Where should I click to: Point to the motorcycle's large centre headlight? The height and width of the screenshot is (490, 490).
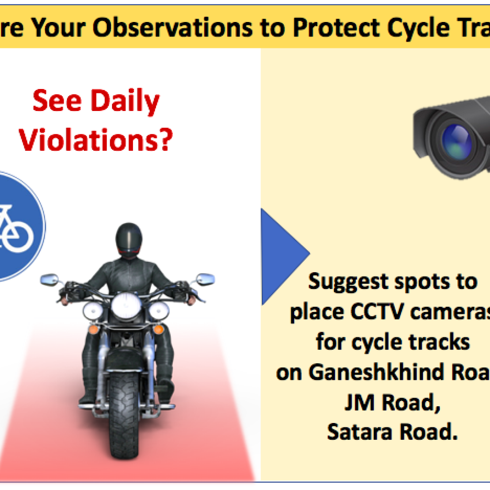point(126,306)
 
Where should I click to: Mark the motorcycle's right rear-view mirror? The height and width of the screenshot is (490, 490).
point(205,278)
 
